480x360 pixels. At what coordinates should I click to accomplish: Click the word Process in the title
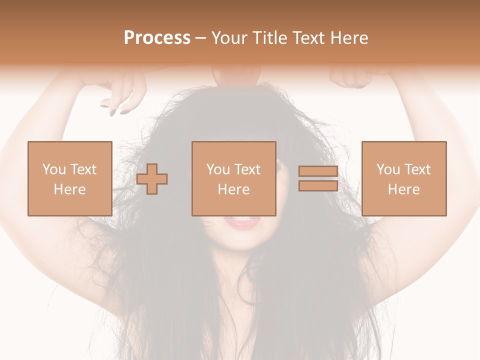[157, 38]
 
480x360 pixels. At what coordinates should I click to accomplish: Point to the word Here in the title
[349, 38]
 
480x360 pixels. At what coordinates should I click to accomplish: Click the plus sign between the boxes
[152, 178]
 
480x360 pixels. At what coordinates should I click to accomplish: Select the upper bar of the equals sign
[318, 171]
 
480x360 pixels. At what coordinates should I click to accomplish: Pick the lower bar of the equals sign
[318, 185]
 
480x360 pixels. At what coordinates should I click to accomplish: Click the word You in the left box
[53, 169]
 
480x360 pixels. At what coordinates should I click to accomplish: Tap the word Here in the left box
[69, 189]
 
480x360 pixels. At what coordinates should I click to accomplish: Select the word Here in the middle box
[233, 189]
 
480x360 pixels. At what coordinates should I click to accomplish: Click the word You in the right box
[388, 169]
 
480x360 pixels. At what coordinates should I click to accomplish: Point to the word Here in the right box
[403, 189]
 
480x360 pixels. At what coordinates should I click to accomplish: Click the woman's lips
[243, 222]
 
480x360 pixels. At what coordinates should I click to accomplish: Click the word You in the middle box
[218, 169]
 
